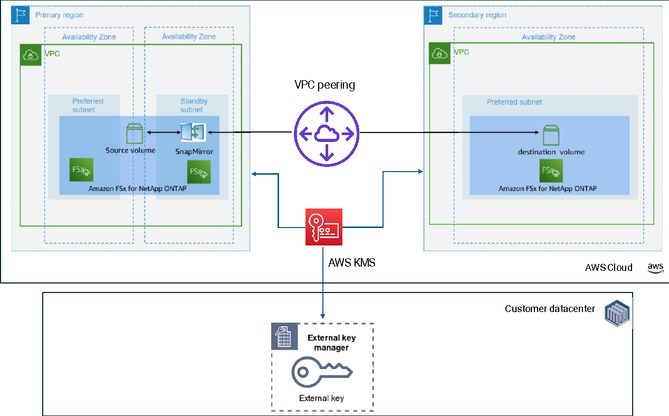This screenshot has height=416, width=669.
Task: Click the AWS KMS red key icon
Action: point(324,227)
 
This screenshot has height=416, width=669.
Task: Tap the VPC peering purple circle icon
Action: point(327,133)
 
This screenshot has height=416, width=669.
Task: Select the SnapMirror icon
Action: point(193,132)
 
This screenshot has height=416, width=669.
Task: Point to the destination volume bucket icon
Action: point(551,135)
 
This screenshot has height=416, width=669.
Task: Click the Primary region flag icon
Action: point(20,15)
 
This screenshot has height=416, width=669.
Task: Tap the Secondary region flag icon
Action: point(433,15)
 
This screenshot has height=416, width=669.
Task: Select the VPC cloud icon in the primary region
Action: point(31,55)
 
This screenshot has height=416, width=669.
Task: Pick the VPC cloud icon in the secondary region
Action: point(439,53)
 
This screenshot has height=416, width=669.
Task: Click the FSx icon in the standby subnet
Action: point(199,172)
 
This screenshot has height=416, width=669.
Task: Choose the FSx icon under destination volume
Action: point(551,171)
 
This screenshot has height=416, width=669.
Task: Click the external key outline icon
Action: point(322,372)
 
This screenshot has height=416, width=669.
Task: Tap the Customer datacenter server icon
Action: point(617,313)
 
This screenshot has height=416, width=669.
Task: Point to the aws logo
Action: point(655,268)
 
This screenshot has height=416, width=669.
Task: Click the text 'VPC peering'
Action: point(324,85)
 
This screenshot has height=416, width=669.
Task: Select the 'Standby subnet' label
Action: point(194,105)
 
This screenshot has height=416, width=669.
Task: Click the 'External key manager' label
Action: point(331,343)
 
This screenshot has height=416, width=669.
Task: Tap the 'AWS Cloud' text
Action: point(609,268)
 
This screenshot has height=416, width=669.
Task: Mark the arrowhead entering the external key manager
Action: point(323,316)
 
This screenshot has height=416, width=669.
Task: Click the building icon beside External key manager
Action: point(284,336)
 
